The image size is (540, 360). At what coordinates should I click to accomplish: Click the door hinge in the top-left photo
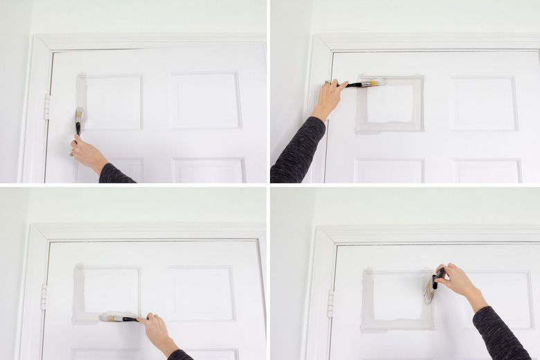[x=47, y=107]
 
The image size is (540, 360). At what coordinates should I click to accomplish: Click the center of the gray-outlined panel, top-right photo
[x=390, y=104]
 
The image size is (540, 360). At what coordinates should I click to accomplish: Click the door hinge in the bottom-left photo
[x=44, y=296]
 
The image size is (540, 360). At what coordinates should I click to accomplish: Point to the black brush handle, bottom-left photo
[x=129, y=319]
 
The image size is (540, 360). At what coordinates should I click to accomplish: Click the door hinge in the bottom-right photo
[x=330, y=303]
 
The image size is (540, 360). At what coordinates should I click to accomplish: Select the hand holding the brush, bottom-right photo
[x=456, y=280]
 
